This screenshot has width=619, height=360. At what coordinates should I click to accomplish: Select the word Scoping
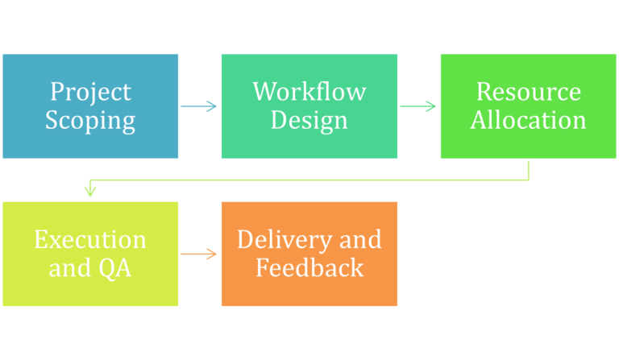pyautogui.click(x=89, y=121)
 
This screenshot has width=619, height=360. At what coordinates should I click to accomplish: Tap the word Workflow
pyautogui.click(x=309, y=92)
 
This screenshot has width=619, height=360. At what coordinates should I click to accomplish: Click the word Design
pyautogui.click(x=309, y=121)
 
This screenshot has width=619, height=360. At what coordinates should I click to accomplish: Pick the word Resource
pyautogui.click(x=528, y=92)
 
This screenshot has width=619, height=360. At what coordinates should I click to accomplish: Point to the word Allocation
pyautogui.click(x=528, y=121)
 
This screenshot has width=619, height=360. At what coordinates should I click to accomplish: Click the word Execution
pyautogui.click(x=89, y=239)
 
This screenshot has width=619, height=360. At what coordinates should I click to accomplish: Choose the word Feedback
pyautogui.click(x=309, y=267)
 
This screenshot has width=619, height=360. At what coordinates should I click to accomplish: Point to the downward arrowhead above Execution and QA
pyautogui.click(x=90, y=192)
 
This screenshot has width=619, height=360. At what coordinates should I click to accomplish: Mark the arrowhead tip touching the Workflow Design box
pyautogui.click(x=215, y=106)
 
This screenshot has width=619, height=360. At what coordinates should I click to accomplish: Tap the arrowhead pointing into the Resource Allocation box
pyautogui.click(x=433, y=106)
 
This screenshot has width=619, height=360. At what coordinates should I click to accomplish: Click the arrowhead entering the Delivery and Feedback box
pyautogui.click(x=214, y=254)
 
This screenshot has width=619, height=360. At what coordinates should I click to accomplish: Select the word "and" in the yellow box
pyautogui.click(x=68, y=267)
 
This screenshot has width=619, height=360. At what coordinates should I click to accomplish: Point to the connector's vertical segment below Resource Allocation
pyautogui.click(x=529, y=171)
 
